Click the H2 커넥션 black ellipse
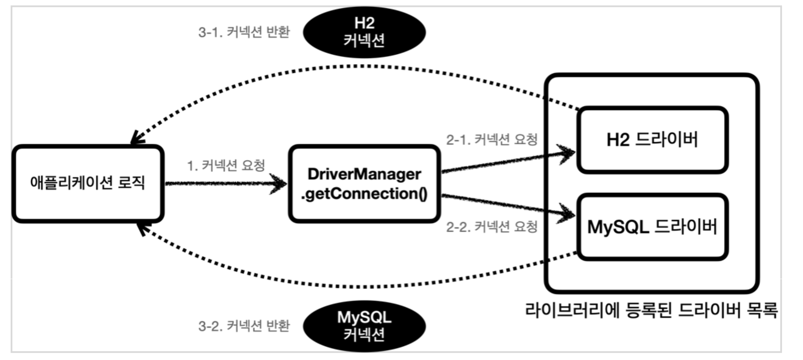364,32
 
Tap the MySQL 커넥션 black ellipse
364,326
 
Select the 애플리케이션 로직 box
88,184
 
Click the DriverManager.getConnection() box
364,184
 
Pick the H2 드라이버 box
652,140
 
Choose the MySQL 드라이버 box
652,227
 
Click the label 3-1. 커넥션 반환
244,32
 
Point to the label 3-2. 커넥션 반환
244,326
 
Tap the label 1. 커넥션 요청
226,165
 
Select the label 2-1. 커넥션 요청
491,140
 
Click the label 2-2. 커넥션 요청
491,227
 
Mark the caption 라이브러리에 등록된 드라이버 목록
651,310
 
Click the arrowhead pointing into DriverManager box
280,184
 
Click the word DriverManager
364,174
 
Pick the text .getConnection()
364,194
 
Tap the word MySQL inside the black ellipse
364,317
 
